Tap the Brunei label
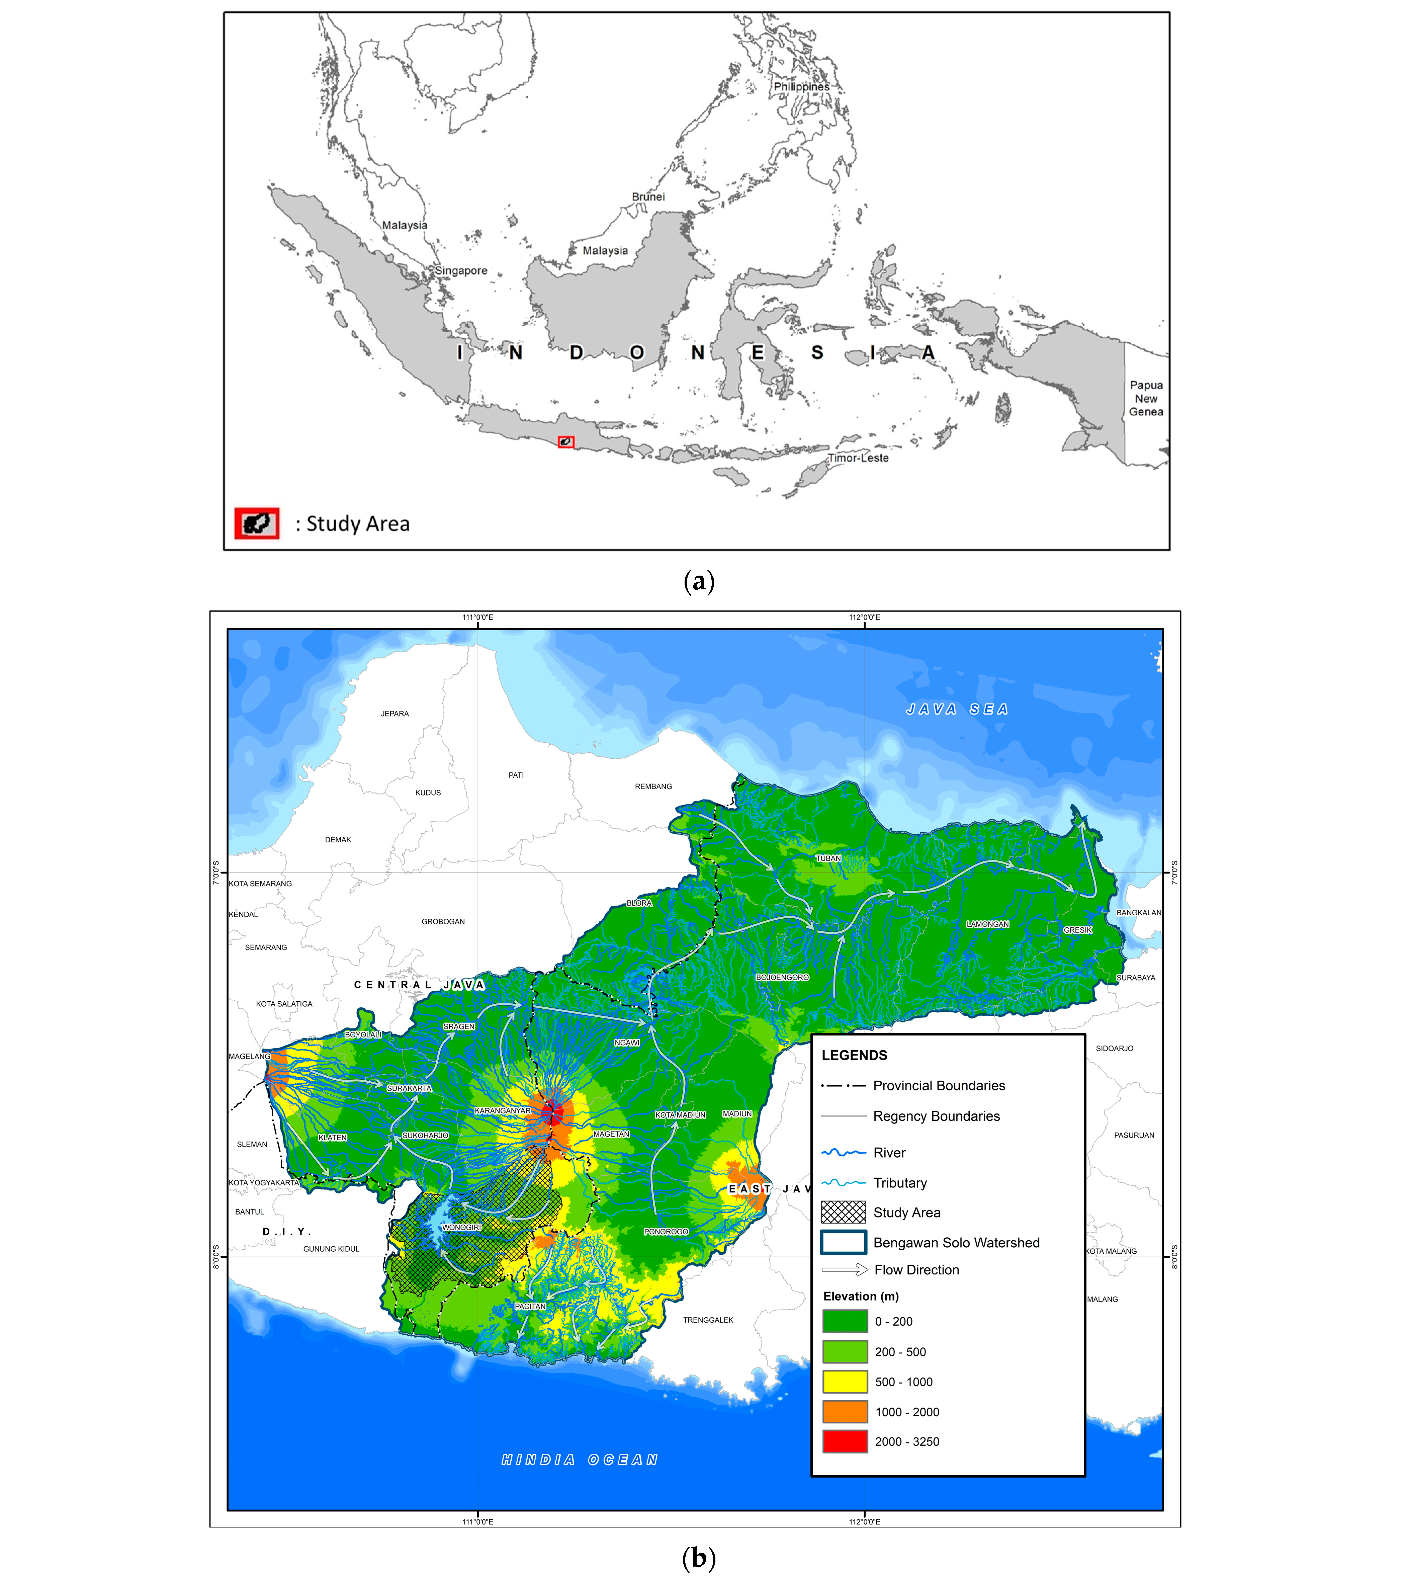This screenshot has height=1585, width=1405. pyautogui.click(x=648, y=197)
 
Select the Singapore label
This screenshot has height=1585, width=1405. pyautogui.click(x=461, y=271)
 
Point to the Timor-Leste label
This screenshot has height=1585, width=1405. pyautogui.click(x=858, y=458)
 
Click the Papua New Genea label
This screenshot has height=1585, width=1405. pyautogui.click(x=1146, y=399)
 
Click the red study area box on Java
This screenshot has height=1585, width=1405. pyautogui.click(x=566, y=442)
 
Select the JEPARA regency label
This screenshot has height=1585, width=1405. pyautogui.click(x=395, y=714)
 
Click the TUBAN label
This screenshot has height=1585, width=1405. pyautogui.click(x=828, y=858)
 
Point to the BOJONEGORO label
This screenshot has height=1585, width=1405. pyautogui.click(x=782, y=978)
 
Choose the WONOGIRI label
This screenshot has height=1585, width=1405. pyautogui.click(x=462, y=1228)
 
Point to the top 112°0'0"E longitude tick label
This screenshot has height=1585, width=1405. pyautogui.click(x=865, y=618)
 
